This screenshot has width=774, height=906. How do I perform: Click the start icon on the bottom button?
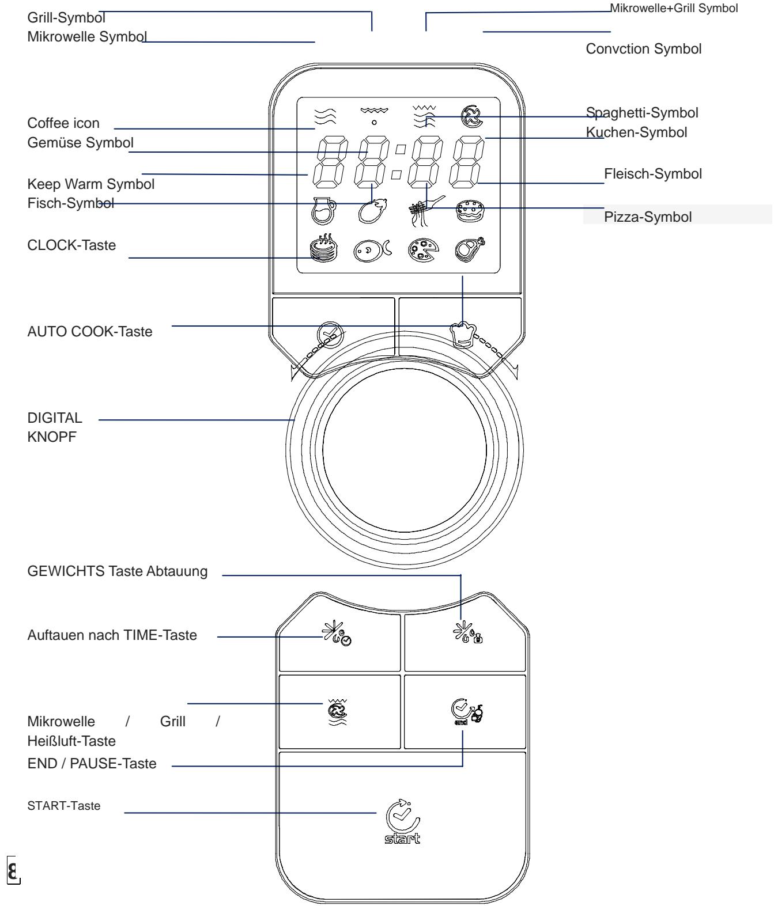(403, 820)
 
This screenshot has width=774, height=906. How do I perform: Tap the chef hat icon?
(463, 334)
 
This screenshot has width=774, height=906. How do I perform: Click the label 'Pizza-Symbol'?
(648, 217)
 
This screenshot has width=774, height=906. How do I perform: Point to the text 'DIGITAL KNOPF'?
(55, 427)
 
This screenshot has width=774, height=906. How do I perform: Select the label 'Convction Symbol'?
(643, 49)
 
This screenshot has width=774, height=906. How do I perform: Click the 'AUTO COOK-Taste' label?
(90, 331)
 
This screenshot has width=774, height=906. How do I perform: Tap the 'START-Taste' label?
(63, 806)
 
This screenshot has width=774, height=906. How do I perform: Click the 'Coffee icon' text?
(63, 123)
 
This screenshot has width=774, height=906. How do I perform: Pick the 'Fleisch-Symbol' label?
(652, 173)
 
